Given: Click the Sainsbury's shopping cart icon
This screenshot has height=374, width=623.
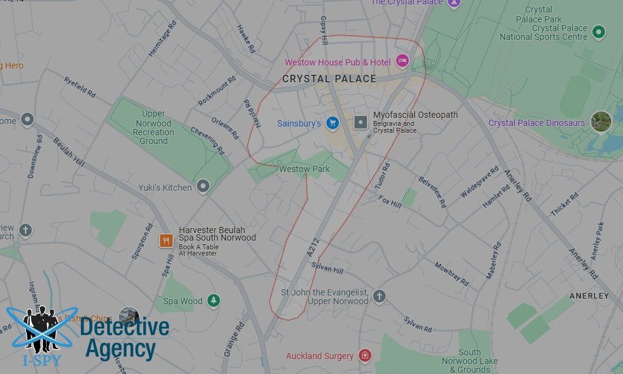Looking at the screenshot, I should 332,123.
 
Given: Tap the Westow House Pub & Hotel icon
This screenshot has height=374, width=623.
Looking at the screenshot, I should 402,61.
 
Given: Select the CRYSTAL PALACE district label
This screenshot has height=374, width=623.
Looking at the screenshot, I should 329,79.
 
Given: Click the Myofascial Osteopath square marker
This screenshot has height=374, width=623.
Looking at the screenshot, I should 360,122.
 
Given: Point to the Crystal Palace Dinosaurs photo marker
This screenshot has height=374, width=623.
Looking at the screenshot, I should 601,122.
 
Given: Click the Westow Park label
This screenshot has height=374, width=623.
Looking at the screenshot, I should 305,169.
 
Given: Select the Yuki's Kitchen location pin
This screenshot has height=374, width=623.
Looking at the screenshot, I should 203,186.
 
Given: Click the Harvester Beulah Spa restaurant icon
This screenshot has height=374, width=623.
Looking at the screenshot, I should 166,241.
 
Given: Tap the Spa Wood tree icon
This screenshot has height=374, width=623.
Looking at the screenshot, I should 214,300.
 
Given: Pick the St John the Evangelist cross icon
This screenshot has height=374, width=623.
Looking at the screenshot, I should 379,295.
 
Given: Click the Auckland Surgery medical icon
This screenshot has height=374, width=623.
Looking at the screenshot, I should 364,355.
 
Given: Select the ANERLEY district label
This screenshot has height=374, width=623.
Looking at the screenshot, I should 589,296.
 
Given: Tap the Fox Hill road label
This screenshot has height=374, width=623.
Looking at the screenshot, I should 390,201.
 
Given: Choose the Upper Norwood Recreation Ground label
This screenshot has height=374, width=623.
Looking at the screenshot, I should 153,127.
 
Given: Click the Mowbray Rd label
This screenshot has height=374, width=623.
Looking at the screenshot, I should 452,274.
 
